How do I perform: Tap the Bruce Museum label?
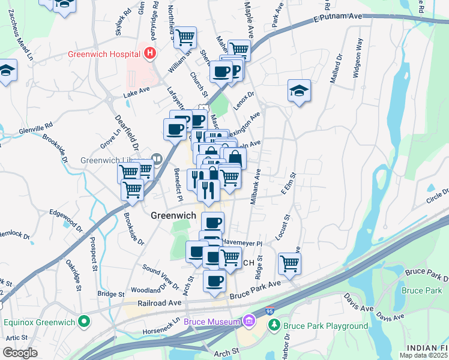(211, 322)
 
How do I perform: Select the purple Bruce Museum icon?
(248, 322)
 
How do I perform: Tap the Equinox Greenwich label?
(39, 322)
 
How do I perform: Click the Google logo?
(20, 353)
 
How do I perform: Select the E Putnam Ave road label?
(338, 20)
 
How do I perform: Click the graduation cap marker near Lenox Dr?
(299, 91)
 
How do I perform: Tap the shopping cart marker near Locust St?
(289, 263)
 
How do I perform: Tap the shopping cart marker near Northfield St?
(185, 37)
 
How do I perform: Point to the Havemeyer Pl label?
(242, 243)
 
